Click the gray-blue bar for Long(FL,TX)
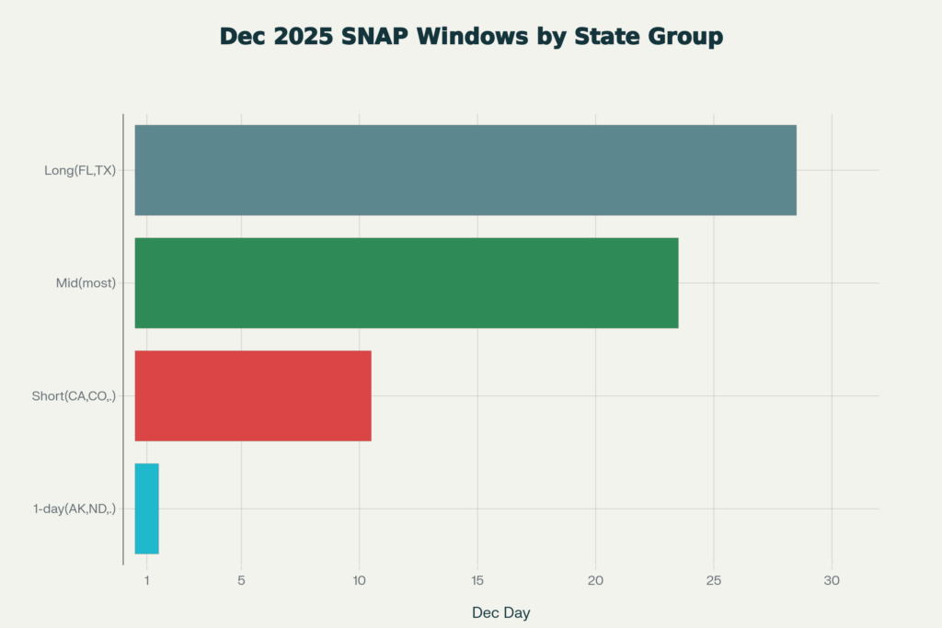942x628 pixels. click(x=465, y=170)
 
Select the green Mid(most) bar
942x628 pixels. click(x=406, y=283)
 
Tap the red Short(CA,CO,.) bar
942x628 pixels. click(x=253, y=395)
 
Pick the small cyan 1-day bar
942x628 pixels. click(x=146, y=508)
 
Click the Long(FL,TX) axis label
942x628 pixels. click(x=80, y=170)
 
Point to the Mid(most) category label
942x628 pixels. click(x=86, y=283)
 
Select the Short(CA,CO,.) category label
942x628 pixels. click(x=74, y=396)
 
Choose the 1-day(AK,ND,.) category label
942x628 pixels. click(x=74, y=508)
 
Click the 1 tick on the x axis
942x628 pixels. click(x=146, y=580)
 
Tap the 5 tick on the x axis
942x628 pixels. click(x=241, y=580)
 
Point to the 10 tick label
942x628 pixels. click(x=359, y=580)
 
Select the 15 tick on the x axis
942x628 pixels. click(x=477, y=580)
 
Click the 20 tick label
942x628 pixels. click(x=595, y=580)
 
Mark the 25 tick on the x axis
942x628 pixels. click(x=714, y=580)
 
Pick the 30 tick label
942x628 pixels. click(x=832, y=580)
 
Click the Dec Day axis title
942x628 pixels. click(x=500, y=612)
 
